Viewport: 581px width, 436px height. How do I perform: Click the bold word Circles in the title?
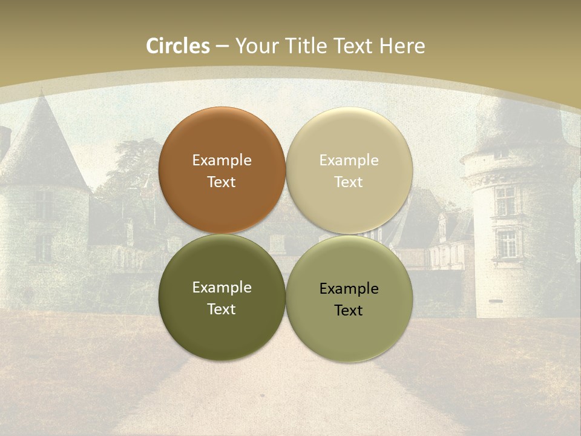[177, 46]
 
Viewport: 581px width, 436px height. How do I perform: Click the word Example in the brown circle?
[222, 160]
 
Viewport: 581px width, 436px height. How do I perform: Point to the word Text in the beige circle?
[349, 182]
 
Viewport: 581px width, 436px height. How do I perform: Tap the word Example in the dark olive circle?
[222, 288]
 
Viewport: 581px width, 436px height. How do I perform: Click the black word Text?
[349, 311]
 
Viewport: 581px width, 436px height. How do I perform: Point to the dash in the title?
[222, 47]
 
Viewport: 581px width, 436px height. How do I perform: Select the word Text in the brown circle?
[222, 182]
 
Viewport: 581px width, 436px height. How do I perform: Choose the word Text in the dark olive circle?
[222, 309]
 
